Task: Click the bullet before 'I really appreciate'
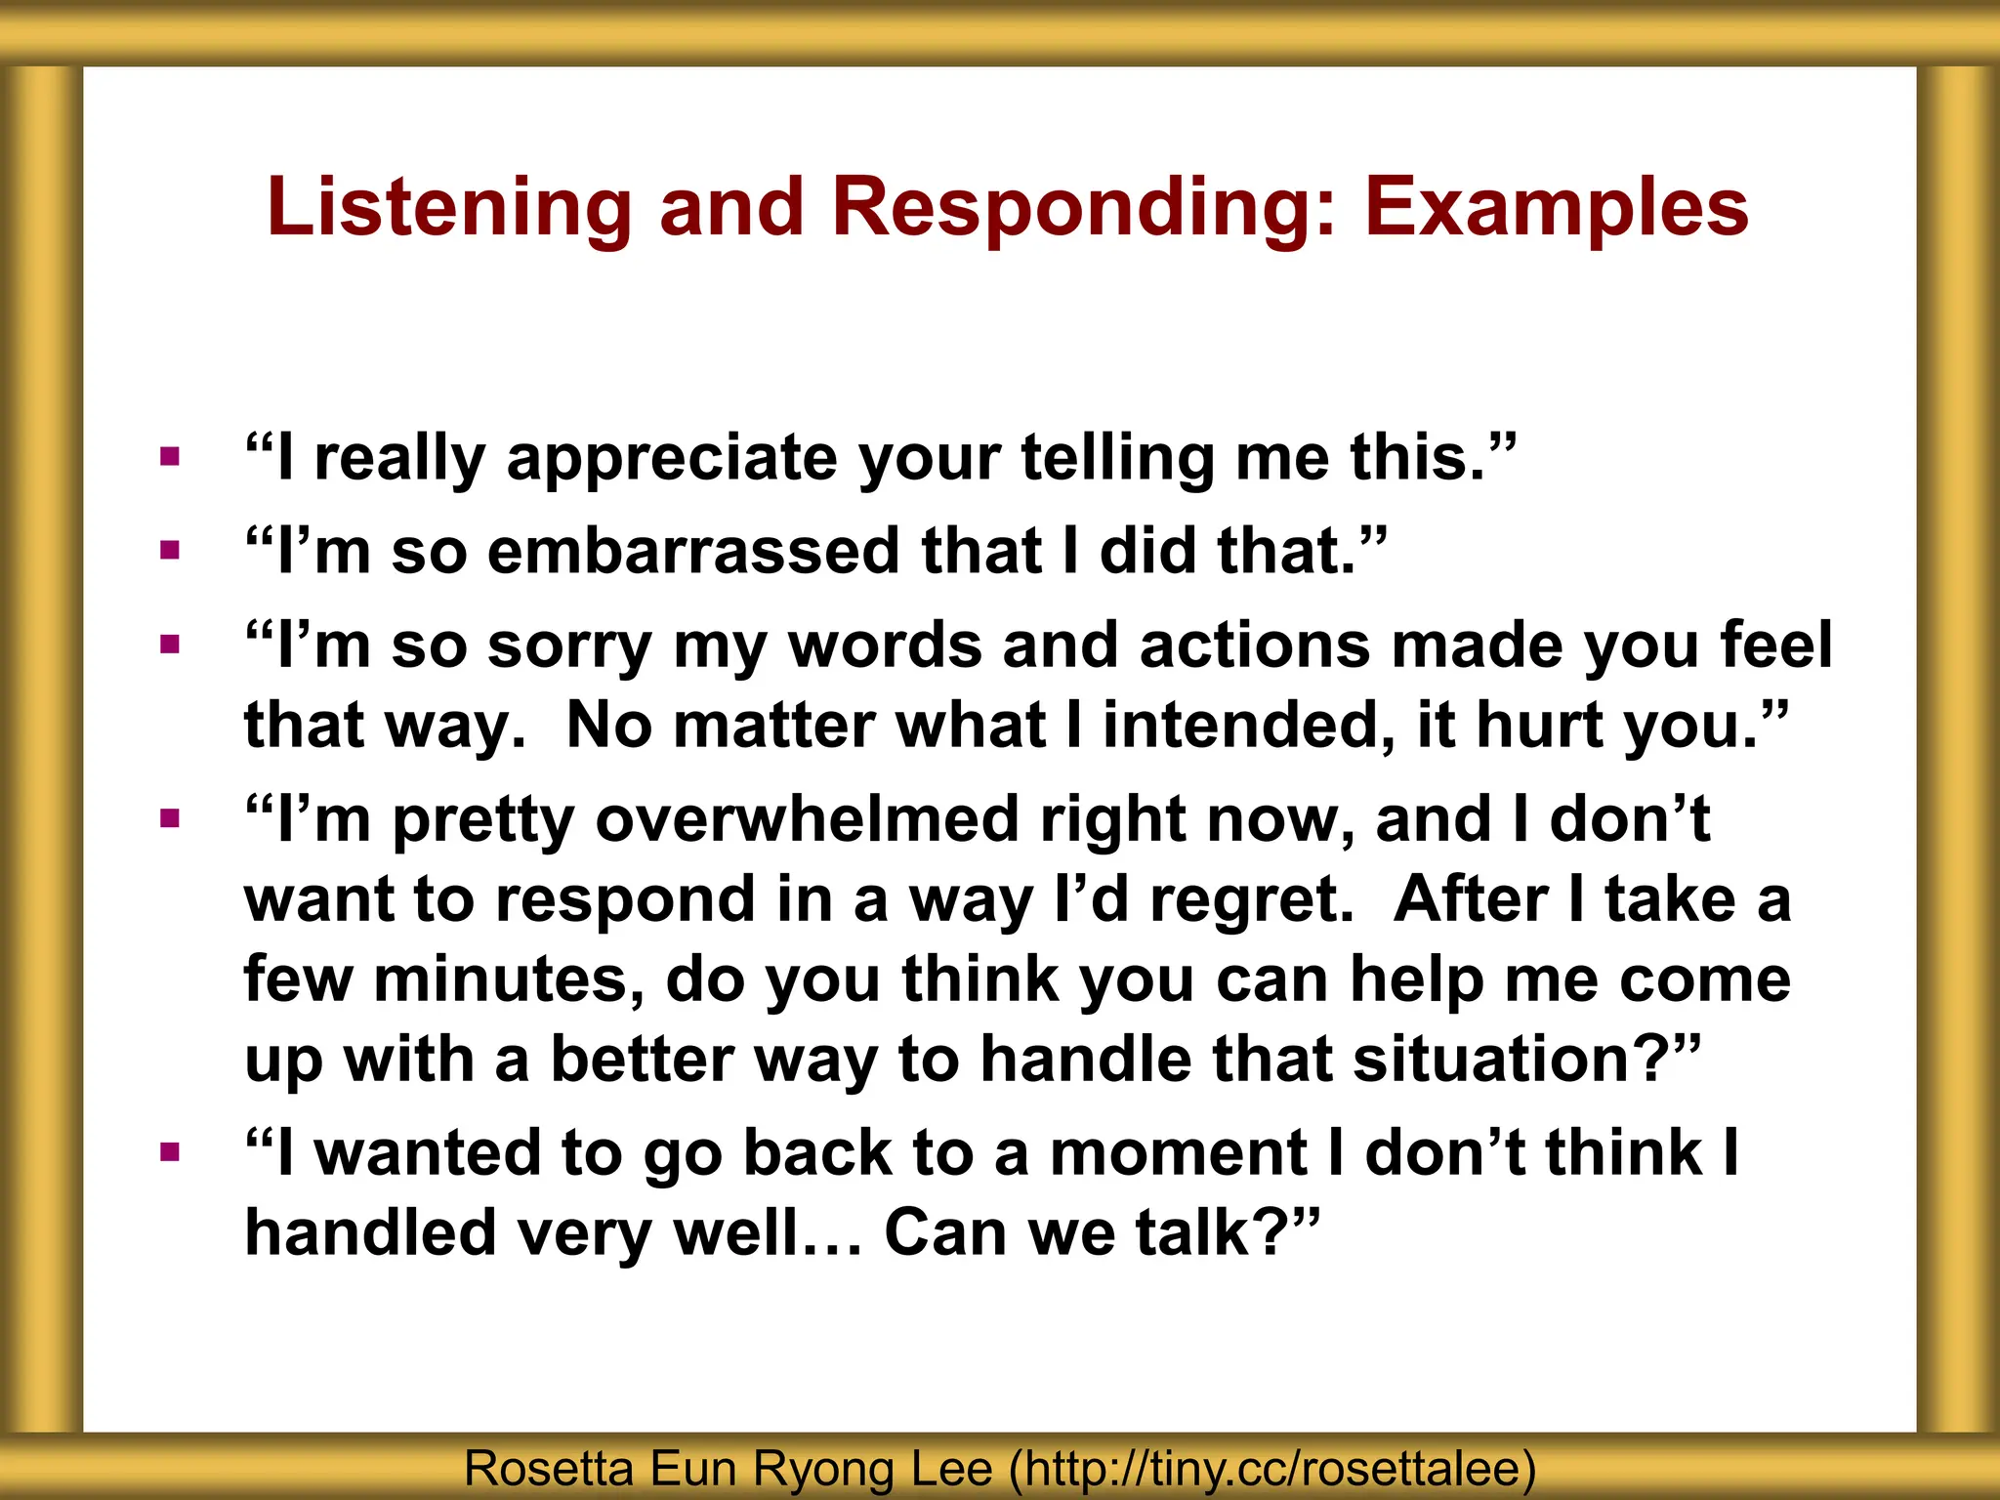(x=170, y=456)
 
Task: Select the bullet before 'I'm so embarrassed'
(x=170, y=551)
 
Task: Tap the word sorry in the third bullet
(x=569, y=646)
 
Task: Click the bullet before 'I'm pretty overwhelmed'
(x=170, y=818)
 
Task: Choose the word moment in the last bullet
(x=1178, y=1153)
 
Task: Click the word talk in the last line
(x=1192, y=1233)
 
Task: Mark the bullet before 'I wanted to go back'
(x=170, y=1153)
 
